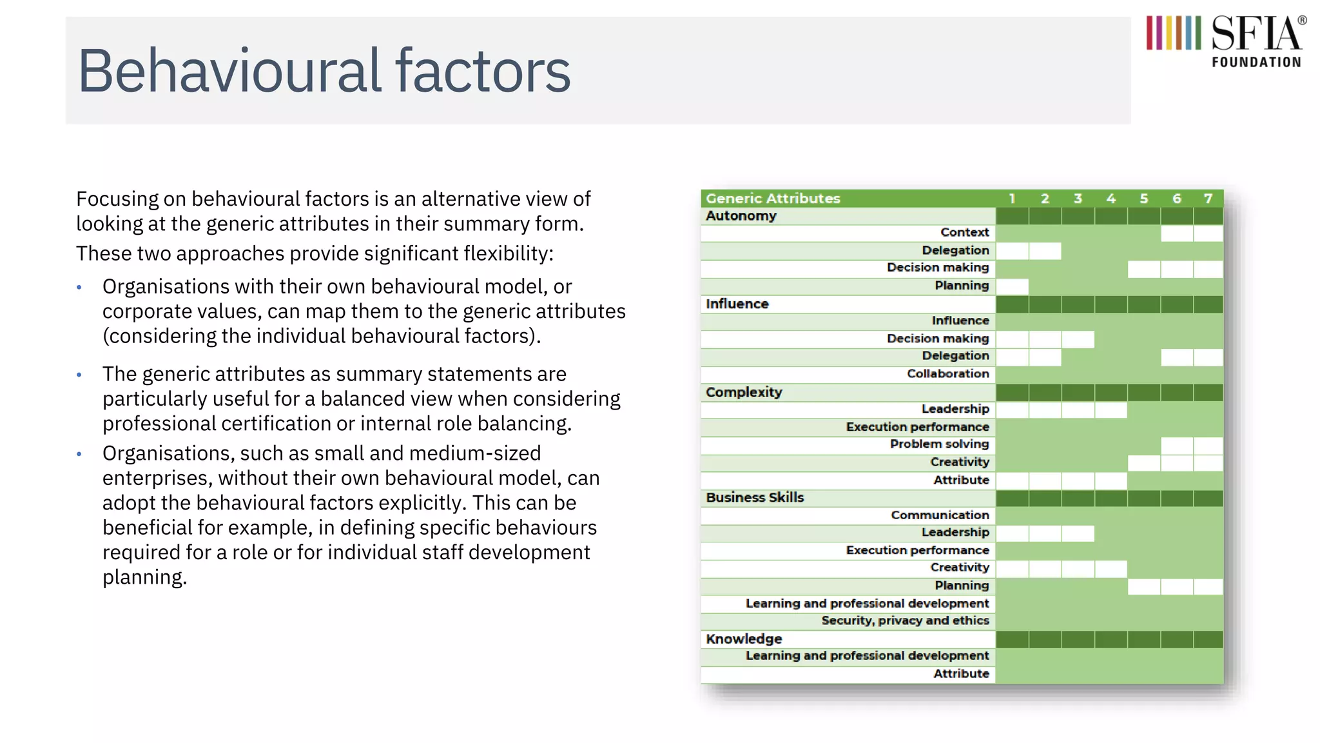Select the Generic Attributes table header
[773, 199]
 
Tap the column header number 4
[1111, 199]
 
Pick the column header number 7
[1208, 199]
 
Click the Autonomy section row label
[741, 216]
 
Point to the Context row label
[964, 233]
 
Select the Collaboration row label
[947, 374]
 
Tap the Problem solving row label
[939, 444]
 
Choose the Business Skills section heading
[755, 498]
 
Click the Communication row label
[940, 515]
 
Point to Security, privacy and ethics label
[905, 620]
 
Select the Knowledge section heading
[743, 639]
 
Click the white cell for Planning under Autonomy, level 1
[1012, 286]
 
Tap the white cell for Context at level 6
[1176, 233]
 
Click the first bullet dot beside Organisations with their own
[79, 288]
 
